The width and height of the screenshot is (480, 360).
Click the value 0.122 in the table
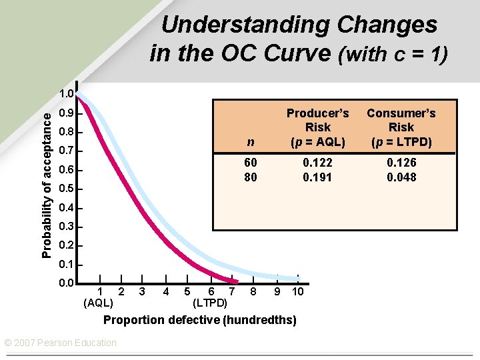(317, 162)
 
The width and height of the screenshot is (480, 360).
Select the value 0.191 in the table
(317, 177)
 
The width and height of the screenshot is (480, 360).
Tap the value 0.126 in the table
(401, 162)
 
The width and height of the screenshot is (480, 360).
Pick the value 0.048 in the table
(401, 177)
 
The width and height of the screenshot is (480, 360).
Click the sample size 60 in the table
(251, 162)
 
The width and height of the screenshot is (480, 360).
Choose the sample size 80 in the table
(251, 177)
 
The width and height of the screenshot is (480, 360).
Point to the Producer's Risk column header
(317, 127)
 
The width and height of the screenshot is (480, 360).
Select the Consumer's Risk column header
(401, 127)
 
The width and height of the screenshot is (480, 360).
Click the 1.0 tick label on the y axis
(65, 94)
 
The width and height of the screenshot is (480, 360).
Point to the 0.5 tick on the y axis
(65, 189)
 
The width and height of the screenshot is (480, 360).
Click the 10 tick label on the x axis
(298, 291)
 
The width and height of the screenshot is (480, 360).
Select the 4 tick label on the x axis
(165, 291)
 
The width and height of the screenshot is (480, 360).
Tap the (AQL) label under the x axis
(99, 303)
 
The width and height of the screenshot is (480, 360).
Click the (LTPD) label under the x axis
(210, 303)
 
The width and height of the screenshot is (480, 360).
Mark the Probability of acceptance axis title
(45, 185)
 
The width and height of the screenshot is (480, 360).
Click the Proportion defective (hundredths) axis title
(200, 320)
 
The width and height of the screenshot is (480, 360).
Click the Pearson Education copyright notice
(60, 343)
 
